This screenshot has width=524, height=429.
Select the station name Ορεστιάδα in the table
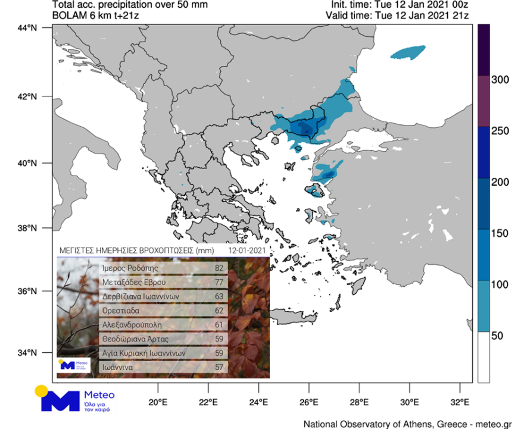pyautogui.click(x=123, y=311)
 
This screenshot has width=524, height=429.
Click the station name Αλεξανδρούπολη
pyautogui.click(x=132, y=325)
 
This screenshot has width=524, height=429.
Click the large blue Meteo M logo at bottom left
pyautogui.click(x=59, y=401)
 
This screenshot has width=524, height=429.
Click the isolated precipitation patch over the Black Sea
pyautogui.click(x=408, y=52)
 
